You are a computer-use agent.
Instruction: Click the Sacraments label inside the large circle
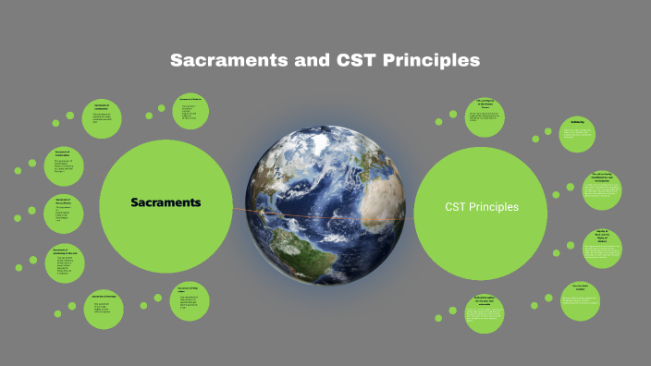pyautogui.click(x=166, y=201)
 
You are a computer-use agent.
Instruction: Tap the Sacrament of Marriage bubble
pyautogui.click(x=108, y=306)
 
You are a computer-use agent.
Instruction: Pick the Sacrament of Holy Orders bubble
pyautogui.click(x=190, y=299)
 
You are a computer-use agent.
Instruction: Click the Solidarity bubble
pyautogui.click(x=576, y=135)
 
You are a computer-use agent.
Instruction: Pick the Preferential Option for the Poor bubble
pyautogui.click(x=485, y=312)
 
